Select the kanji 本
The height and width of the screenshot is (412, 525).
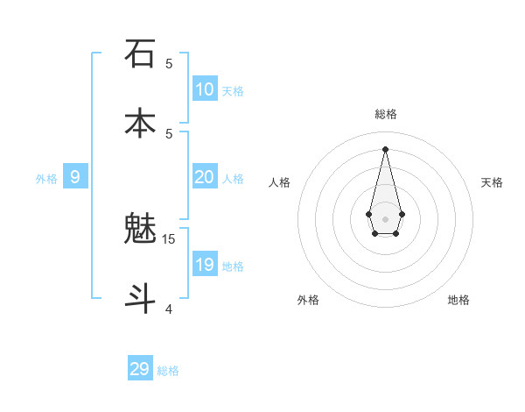tap(140, 122)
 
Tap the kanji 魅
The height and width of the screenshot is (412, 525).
tap(140, 229)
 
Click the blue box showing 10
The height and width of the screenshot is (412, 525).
tap(205, 89)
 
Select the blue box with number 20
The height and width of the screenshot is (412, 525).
tap(205, 177)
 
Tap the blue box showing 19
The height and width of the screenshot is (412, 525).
tap(205, 265)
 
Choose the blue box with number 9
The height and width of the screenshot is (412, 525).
tap(75, 177)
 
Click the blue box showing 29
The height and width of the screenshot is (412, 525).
tap(140, 369)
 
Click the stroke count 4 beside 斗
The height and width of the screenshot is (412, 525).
tap(169, 309)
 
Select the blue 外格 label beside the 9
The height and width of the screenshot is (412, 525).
tap(46, 179)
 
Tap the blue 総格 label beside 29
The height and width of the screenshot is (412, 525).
tap(169, 371)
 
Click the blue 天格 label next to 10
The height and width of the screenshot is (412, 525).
tap(233, 91)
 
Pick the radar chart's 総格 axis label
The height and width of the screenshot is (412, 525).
tap(385, 114)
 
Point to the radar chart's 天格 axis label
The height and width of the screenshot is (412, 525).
tap(493, 182)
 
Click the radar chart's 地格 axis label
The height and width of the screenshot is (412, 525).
tap(458, 300)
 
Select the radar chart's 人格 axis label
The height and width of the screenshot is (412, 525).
tap(279, 182)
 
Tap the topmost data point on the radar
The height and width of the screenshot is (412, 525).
tap(385, 149)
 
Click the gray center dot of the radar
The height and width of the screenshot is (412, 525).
tap(385, 218)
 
